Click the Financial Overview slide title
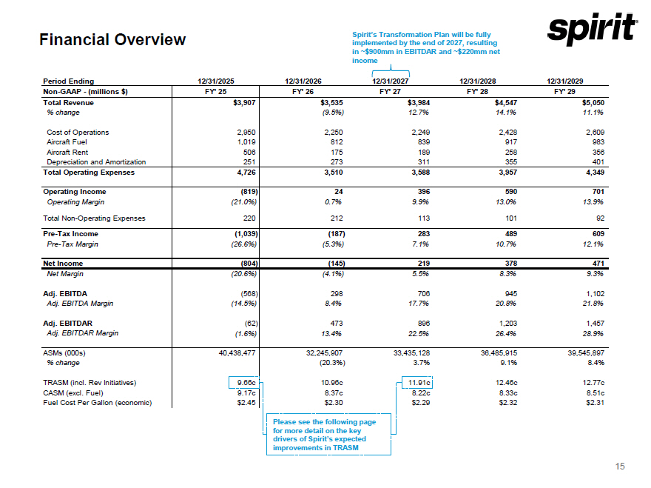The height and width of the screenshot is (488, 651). tap(112, 40)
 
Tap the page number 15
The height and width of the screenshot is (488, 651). tap(620, 466)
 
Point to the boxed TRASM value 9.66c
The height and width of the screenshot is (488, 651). tap(245, 382)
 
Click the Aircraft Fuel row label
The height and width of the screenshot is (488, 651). tap(67, 141)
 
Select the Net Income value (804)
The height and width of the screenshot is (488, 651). tap(243, 263)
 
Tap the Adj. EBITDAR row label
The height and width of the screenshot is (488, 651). tap(67, 323)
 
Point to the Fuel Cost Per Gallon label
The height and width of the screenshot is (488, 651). tap(98, 402)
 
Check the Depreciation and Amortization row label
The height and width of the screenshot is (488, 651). tap(95, 161)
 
